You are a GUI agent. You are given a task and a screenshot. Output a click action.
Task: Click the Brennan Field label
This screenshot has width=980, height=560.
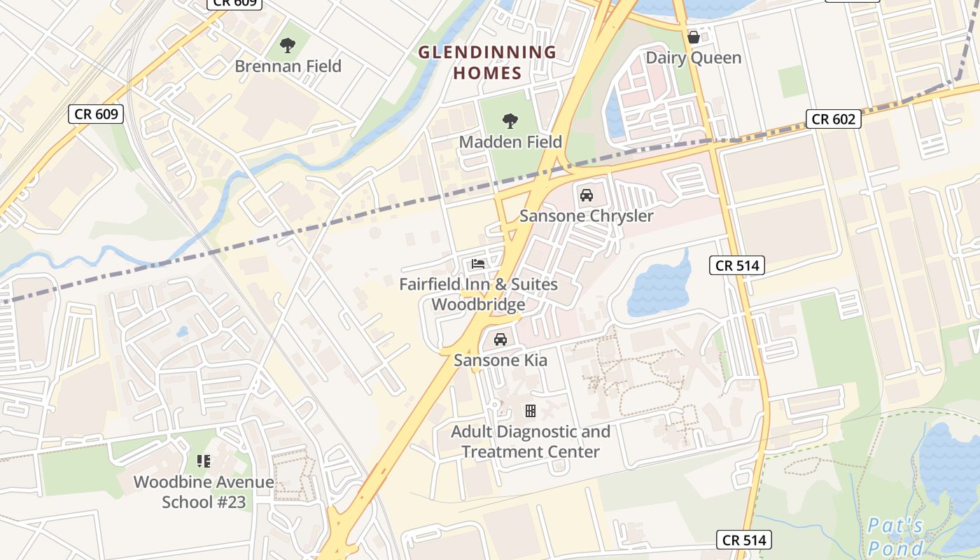click(288, 66)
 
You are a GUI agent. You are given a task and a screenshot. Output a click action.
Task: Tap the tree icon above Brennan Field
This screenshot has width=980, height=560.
click(287, 46)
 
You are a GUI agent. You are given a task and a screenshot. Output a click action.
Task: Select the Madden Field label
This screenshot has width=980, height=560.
click(510, 142)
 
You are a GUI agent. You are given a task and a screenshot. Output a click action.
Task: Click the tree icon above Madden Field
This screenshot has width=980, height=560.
click(510, 121)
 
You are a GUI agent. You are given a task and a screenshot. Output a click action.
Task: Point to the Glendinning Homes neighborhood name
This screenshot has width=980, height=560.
click(487, 62)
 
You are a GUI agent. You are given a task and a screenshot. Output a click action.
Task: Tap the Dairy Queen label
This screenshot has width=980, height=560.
click(693, 57)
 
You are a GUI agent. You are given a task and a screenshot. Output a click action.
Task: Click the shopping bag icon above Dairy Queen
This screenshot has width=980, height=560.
click(694, 36)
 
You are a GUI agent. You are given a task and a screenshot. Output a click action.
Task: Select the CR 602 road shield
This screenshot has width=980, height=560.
click(833, 119)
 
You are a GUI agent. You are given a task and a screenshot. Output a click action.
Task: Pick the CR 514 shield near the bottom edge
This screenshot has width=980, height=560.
click(745, 540)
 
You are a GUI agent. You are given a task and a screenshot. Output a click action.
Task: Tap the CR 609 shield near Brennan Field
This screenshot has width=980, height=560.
click(97, 114)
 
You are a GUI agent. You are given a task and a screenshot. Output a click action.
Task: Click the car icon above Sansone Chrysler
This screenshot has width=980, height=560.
click(587, 195)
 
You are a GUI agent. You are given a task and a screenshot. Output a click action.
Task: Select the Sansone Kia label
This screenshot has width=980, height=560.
click(500, 360)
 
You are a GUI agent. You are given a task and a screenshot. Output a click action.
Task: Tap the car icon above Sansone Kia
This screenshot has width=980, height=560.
click(500, 339)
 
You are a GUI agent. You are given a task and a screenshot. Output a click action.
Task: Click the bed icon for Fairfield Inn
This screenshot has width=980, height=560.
click(478, 264)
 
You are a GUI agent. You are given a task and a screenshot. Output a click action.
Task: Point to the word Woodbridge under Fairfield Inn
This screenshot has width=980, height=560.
click(478, 305)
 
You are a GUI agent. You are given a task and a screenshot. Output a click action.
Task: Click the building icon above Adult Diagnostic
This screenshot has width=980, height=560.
click(531, 411)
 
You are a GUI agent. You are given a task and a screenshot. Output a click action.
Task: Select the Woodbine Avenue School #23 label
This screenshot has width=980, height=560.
click(204, 492)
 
